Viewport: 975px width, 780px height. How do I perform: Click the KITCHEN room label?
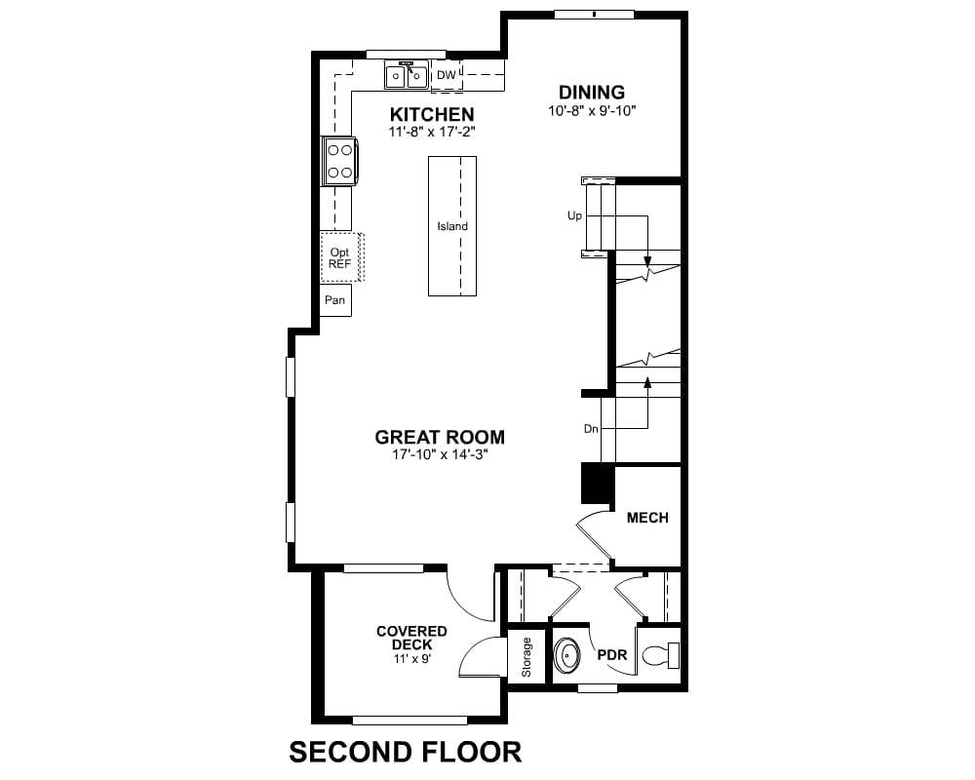pos(432,114)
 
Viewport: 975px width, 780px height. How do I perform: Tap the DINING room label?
pos(592,92)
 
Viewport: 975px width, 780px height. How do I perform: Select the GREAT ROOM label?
pos(440,437)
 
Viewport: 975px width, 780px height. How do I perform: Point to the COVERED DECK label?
pos(411,639)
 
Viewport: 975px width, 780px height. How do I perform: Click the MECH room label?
pos(647,518)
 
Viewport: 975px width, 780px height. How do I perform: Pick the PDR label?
pos(612,655)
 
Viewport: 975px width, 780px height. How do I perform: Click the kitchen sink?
pos(407,76)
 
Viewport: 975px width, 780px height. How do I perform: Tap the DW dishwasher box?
pos(447,75)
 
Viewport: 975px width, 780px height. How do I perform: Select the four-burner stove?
pos(339,161)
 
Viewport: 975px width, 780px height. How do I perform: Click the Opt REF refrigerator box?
pos(341,257)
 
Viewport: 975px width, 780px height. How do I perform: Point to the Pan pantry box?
pos(335,300)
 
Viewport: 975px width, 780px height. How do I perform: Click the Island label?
pos(452,226)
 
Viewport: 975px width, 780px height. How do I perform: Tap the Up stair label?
pos(574,215)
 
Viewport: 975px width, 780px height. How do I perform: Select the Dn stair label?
pos(591,429)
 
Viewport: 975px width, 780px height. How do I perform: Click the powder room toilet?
pos(660,655)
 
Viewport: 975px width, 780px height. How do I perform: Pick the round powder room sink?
pos(567,655)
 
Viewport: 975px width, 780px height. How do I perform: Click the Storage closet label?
pos(526,657)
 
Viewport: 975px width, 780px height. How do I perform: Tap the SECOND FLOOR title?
pos(406,752)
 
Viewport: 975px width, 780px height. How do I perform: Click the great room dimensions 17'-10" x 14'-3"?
pos(440,454)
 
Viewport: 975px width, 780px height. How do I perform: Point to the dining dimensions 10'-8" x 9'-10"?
pos(592,111)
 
